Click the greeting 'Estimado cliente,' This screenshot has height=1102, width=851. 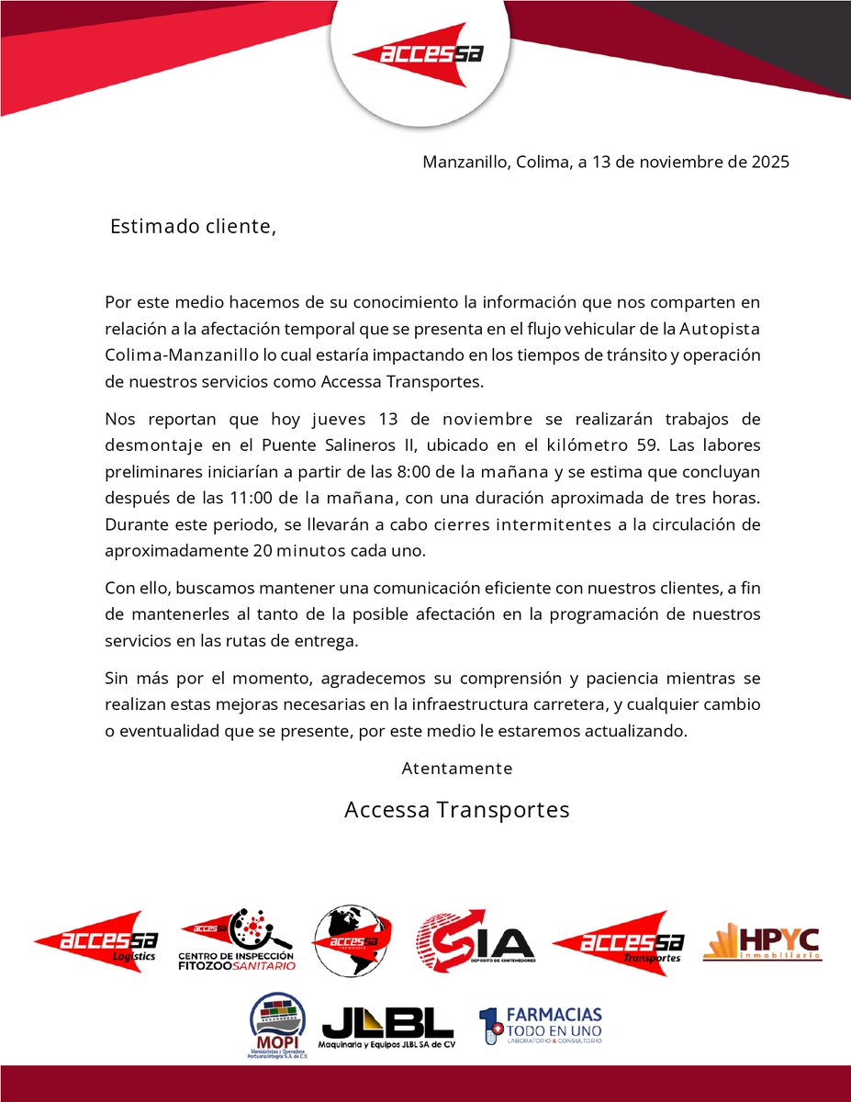click(193, 227)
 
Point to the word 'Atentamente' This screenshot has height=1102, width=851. click(457, 769)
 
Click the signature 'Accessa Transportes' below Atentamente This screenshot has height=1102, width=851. click(457, 810)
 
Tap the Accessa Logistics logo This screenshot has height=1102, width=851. click(95, 941)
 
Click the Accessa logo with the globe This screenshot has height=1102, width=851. click(353, 941)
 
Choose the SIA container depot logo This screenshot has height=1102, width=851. click(475, 941)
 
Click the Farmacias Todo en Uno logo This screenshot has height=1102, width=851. click(542, 1025)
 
